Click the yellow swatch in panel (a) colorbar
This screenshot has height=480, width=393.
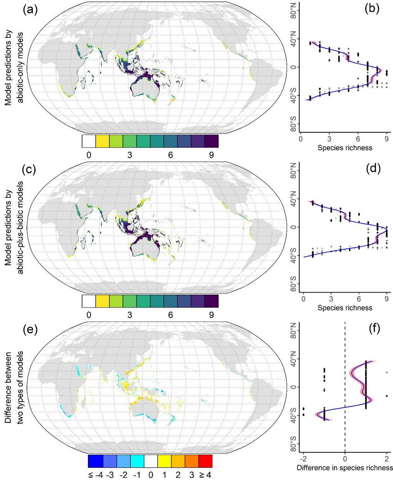102,141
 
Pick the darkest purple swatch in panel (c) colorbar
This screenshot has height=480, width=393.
212,301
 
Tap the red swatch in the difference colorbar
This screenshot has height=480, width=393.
205,461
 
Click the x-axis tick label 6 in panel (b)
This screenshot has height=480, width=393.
358,138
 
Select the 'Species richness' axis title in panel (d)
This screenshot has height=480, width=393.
345,307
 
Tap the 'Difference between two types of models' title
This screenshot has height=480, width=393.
15,387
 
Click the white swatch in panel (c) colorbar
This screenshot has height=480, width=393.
89,301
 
